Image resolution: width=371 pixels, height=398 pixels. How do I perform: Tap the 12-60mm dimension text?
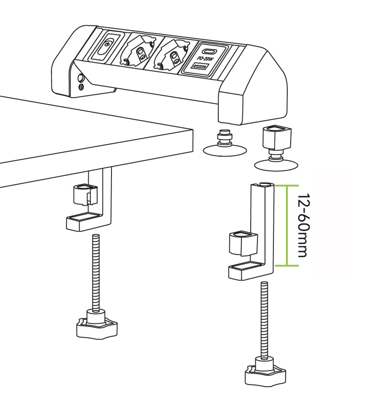304,225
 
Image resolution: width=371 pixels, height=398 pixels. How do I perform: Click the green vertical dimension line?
287,225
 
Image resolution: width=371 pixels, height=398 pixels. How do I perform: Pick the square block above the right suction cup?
277,138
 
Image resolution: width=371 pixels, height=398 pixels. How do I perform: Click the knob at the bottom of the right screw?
265,373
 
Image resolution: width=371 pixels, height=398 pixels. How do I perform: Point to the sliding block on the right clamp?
243,244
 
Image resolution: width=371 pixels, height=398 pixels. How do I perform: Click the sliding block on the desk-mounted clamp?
85,195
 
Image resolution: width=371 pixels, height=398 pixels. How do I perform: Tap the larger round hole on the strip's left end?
81,78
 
